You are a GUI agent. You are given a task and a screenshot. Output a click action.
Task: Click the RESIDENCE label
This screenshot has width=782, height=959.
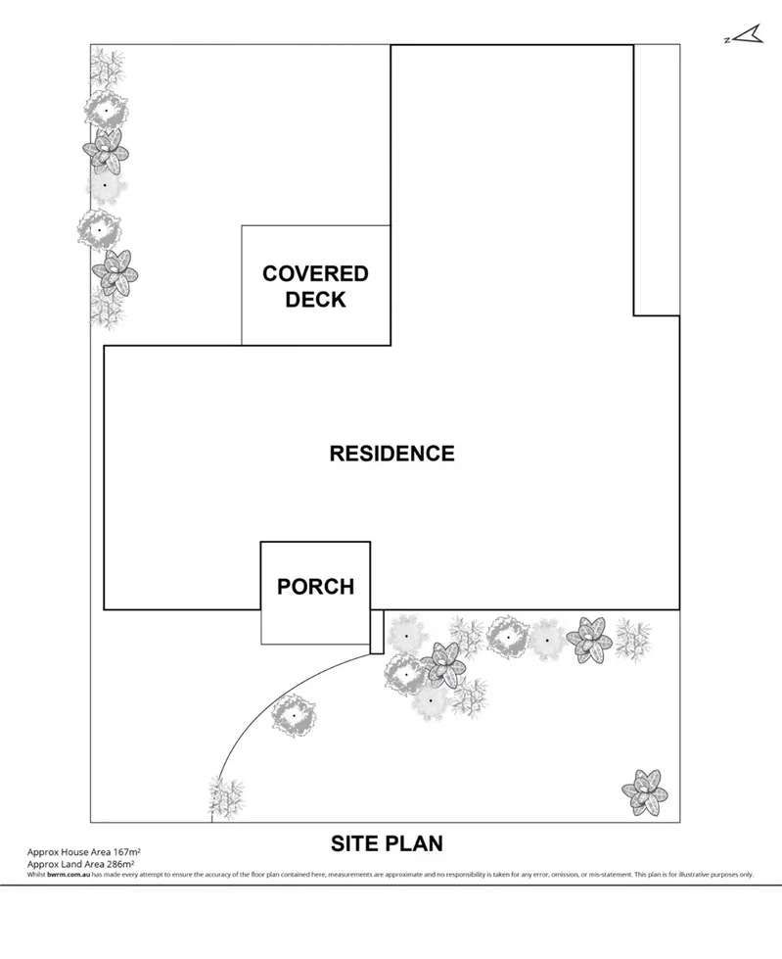391,454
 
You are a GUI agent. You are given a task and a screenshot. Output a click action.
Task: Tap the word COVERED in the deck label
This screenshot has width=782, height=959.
315,274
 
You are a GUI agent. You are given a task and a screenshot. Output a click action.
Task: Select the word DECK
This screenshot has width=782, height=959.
315,300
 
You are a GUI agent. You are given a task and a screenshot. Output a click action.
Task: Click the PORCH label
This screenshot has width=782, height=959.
315,587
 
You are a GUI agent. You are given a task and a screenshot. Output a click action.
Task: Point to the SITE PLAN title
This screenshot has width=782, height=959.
387,842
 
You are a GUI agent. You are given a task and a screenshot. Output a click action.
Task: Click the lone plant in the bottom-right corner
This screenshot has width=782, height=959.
645,792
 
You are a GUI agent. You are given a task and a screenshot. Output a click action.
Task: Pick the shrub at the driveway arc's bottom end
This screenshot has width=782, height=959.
226,796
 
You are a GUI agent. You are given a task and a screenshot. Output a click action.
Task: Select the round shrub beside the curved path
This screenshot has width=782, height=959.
294,716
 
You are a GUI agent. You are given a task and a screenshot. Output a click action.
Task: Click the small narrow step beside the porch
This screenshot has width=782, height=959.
377,631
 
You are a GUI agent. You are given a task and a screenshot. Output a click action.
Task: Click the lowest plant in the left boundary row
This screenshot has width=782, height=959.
106,308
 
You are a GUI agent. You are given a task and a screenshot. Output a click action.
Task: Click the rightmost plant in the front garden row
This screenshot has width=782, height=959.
632,639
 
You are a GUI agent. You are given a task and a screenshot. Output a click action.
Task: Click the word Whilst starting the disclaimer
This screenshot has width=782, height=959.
36,874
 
